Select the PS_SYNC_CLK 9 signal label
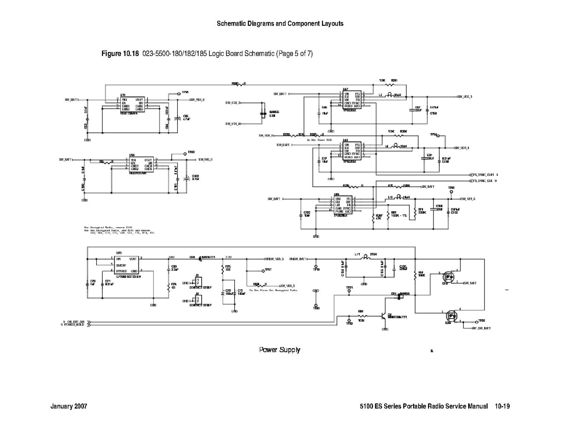click(485, 181)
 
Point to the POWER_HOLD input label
click(73, 325)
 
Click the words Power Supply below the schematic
click(279, 350)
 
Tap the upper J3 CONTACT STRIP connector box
click(197, 282)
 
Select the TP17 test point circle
click(263, 270)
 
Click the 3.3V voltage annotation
click(228, 257)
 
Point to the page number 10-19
click(502, 406)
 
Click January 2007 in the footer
click(69, 406)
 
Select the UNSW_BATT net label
click(299, 259)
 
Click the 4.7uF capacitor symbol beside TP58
click(177, 118)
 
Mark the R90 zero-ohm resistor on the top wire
click(239, 85)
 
